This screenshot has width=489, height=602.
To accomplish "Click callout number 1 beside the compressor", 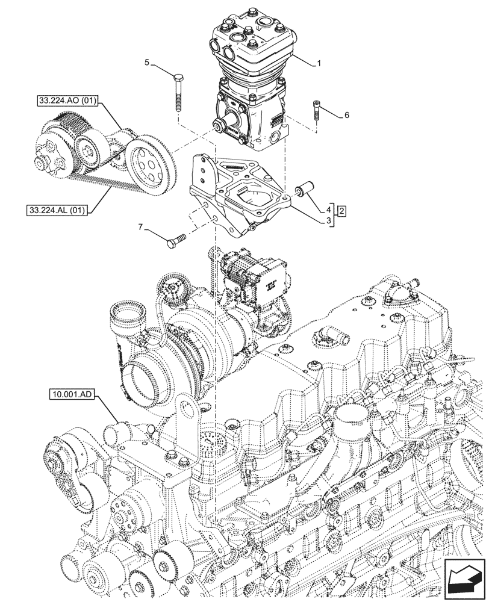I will pos(320,63).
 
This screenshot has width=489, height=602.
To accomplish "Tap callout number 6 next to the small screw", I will pos(346,114).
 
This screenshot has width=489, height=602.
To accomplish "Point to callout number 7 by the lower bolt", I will pos(142,227).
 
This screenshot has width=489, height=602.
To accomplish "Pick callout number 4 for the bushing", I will pos(328,210).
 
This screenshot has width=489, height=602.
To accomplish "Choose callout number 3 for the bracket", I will pos(328,221).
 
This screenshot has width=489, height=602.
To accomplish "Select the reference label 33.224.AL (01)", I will pos(57,210).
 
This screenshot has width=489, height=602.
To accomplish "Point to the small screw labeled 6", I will pos(317,113).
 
